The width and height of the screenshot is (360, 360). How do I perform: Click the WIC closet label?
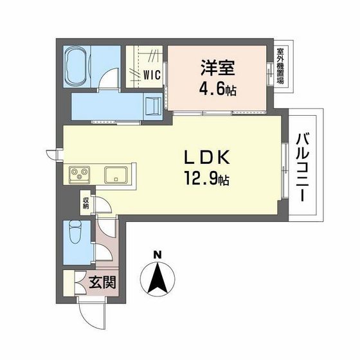click(x=151, y=74)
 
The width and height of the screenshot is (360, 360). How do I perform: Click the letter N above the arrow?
click(x=157, y=254)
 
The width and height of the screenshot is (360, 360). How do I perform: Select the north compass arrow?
click(x=157, y=278)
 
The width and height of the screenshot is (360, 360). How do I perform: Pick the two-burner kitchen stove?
click(x=80, y=174)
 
